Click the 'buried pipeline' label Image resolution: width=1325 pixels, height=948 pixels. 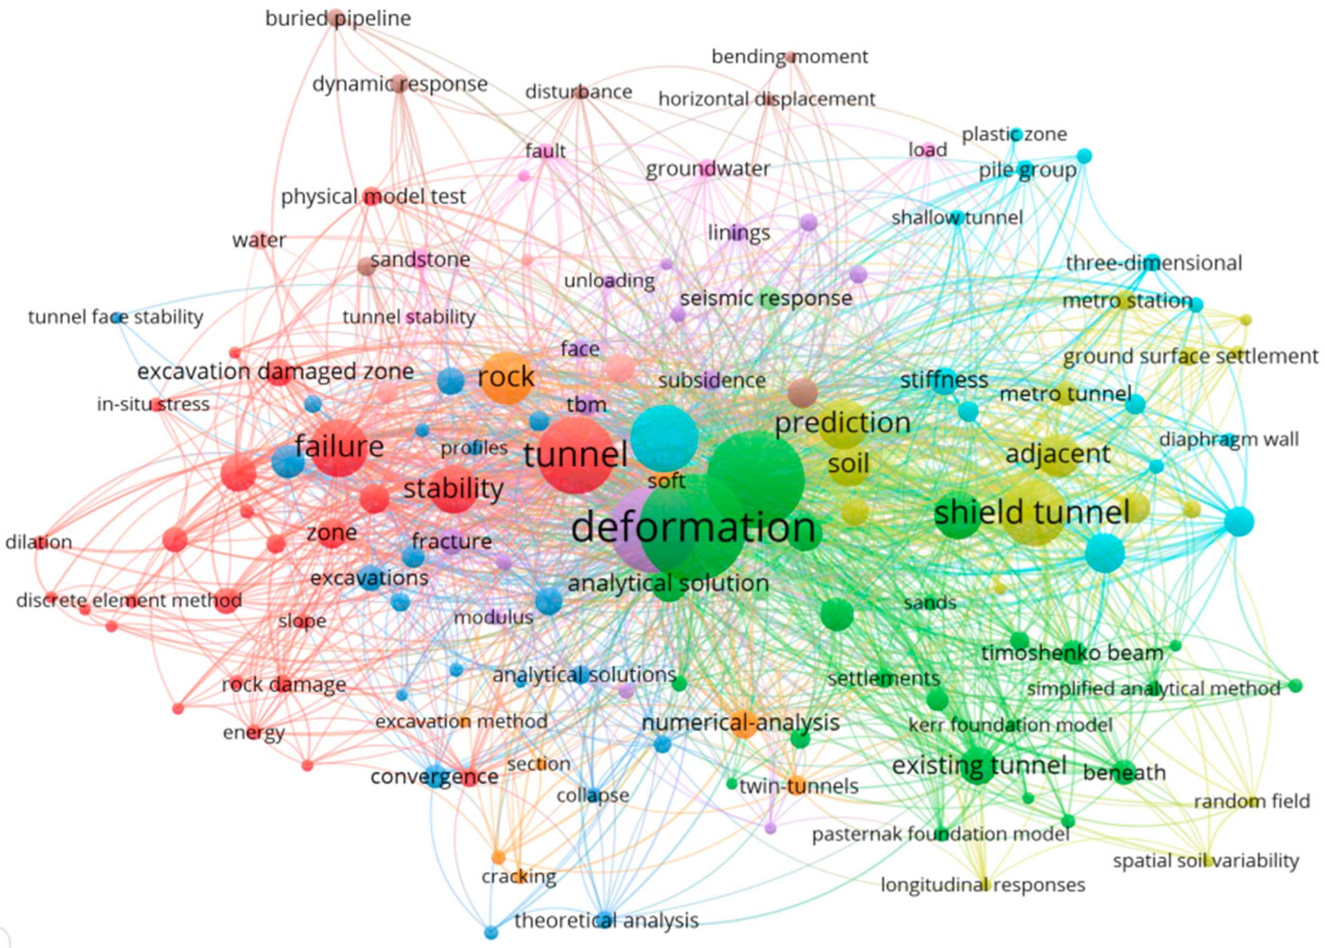click(x=338, y=18)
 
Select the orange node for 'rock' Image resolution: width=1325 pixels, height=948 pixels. click(x=505, y=378)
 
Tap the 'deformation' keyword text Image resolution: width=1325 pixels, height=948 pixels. click(x=693, y=527)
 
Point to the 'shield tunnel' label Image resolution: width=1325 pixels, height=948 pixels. click(x=1032, y=513)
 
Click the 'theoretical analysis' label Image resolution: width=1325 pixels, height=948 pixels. click(x=606, y=921)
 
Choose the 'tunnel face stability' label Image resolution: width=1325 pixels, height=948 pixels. click(x=116, y=317)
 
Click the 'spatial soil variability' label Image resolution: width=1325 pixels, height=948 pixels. click(x=1205, y=861)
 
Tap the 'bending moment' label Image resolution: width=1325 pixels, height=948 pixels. click(x=790, y=56)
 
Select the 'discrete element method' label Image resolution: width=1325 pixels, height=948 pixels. click(x=129, y=600)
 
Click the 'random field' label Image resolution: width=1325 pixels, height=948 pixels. click(x=1252, y=801)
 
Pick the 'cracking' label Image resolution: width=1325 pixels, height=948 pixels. click(x=518, y=876)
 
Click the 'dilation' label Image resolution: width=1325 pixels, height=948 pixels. click(x=38, y=542)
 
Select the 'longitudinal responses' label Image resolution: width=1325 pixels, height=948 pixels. click(x=982, y=885)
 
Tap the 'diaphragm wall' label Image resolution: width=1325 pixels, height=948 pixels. click(x=1229, y=440)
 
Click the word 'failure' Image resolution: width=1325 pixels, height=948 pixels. click(x=339, y=447)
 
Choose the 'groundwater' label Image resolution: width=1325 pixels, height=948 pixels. click(x=707, y=169)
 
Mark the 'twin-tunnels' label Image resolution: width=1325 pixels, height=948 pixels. click(x=799, y=786)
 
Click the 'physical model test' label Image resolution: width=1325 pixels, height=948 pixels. click(x=374, y=197)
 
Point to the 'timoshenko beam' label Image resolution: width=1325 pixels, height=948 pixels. click(x=1072, y=653)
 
